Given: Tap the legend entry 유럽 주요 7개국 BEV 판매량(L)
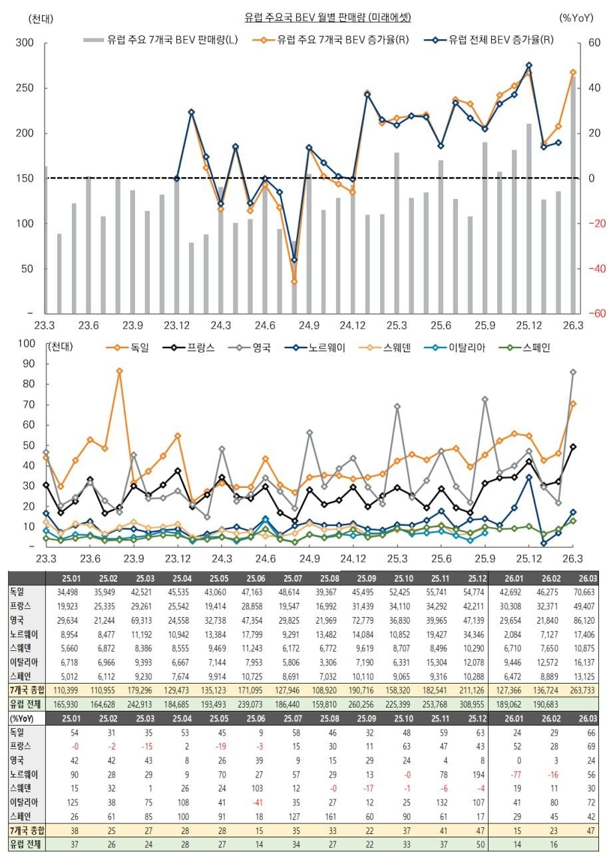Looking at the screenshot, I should (162, 40).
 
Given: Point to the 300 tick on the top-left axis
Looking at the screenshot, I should (25, 43).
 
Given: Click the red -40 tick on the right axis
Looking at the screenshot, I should (594, 269).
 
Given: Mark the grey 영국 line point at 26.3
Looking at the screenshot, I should (573, 372).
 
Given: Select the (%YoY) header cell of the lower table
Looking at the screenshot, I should (23, 718).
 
